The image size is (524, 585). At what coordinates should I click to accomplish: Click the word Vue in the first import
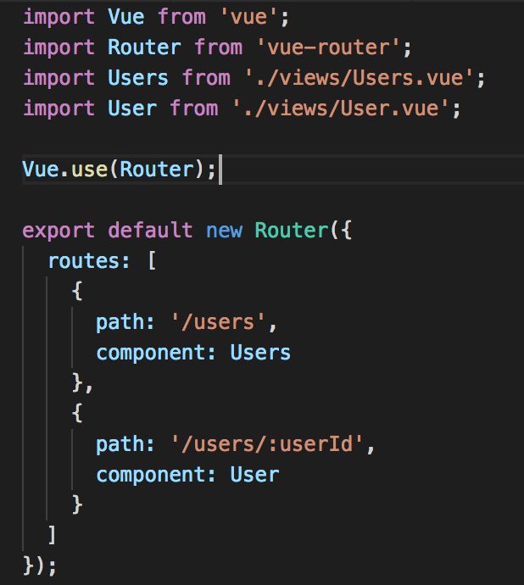126,17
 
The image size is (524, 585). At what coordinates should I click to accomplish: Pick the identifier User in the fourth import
132,109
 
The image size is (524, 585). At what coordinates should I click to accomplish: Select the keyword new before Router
224,231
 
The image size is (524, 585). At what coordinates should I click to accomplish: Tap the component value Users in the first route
260,353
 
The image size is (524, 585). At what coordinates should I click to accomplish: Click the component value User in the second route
254,475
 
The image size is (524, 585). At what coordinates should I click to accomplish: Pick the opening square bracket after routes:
151,261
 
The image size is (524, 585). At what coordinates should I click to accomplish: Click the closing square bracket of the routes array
53,535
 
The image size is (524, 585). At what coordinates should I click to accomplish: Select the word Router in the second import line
144,47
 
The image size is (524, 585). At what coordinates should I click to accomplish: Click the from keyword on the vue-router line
218,47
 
